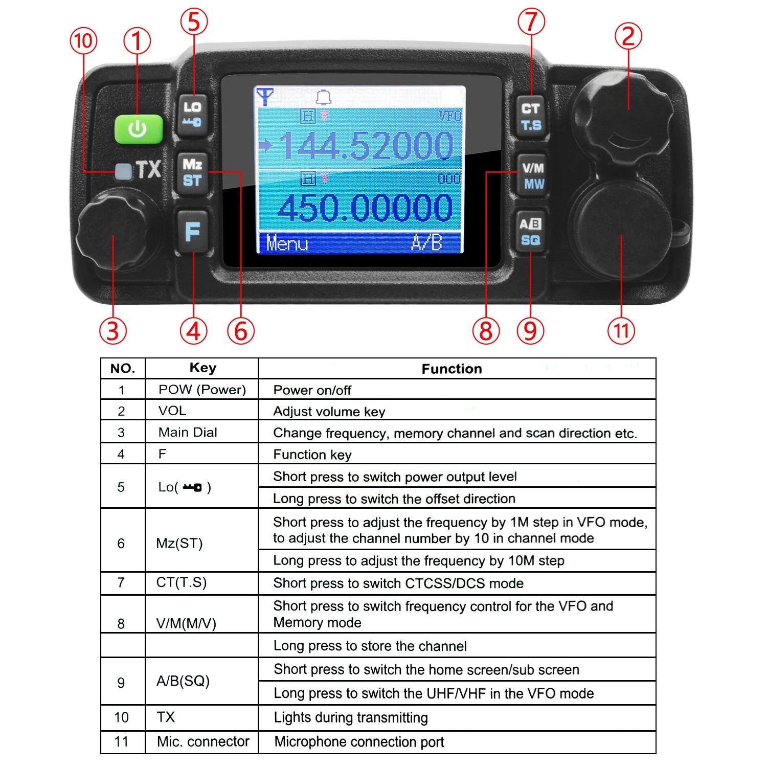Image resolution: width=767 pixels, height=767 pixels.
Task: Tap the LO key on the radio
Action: [x=192, y=115]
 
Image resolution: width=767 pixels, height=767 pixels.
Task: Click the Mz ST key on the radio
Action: [x=192, y=172]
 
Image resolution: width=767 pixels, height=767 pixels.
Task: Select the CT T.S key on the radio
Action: [x=531, y=117]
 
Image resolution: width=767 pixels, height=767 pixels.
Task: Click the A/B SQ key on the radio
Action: [x=530, y=232]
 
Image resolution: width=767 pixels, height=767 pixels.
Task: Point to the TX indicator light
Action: [x=123, y=171]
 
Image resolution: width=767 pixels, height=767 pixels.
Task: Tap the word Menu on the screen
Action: [x=287, y=243]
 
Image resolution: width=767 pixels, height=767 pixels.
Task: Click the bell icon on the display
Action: [x=323, y=97]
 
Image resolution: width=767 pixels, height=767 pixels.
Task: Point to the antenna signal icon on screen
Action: [x=265, y=96]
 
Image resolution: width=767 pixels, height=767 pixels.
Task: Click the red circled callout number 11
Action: [x=621, y=330]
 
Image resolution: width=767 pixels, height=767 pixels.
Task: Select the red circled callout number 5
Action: [x=194, y=22]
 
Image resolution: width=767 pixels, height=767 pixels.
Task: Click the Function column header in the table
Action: [x=452, y=369]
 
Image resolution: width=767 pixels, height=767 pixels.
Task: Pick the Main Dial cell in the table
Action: [x=188, y=433]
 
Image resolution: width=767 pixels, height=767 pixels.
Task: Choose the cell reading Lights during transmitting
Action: [x=351, y=717]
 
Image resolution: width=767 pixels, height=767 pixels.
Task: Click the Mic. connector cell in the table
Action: [x=203, y=741]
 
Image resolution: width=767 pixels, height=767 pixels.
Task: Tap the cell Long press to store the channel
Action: [x=370, y=646]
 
